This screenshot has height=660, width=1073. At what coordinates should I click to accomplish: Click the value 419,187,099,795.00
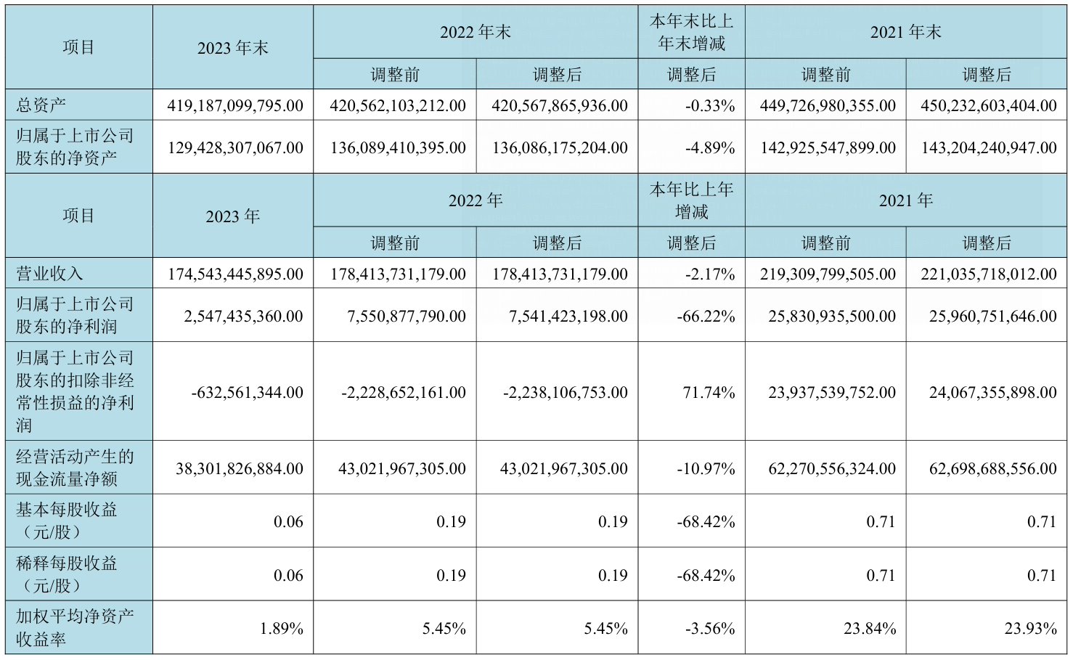[x=235, y=105]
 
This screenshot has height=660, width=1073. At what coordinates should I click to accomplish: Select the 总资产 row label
[x=41, y=105]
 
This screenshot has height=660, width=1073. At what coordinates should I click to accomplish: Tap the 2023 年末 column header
[x=232, y=48]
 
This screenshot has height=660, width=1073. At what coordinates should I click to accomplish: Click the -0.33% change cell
[x=709, y=105]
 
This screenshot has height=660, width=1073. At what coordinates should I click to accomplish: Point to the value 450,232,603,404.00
[x=988, y=105]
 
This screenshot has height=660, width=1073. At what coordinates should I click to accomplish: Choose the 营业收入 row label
[x=49, y=274]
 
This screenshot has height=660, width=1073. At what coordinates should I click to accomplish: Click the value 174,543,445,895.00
[x=235, y=274]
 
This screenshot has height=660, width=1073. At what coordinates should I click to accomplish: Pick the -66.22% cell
[x=706, y=316]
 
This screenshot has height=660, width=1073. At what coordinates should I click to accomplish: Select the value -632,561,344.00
[x=247, y=392]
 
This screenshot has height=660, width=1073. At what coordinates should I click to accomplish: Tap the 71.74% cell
[x=709, y=392]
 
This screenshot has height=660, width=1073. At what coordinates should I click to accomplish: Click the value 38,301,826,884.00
[x=239, y=468]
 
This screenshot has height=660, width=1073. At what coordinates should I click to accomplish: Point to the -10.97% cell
[x=706, y=468]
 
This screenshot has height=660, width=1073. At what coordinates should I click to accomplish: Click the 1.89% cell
[x=281, y=628]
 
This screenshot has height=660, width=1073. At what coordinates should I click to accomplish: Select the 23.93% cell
[x=1030, y=628]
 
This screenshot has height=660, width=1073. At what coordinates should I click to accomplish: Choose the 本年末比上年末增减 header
[x=691, y=33]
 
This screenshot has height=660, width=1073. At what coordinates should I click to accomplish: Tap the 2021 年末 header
[x=905, y=32]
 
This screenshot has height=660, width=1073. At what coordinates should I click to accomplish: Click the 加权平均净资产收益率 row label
[x=75, y=627]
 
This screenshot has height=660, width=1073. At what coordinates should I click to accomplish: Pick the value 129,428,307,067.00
[x=235, y=147]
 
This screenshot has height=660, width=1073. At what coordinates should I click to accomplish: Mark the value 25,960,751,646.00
[x=992, y=316]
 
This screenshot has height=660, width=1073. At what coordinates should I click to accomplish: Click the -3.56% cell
[x=709, y=628]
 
